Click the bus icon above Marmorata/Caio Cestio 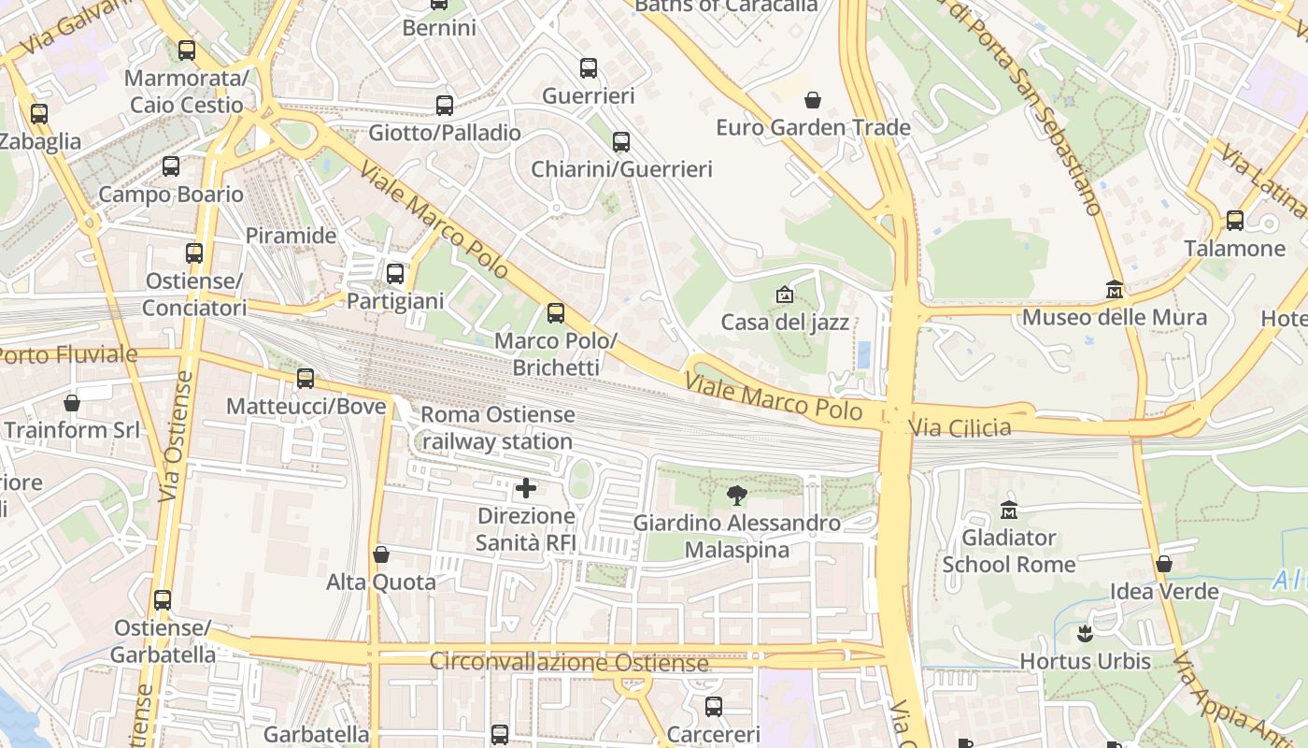[x=187, y=50]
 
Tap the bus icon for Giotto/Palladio [x=445, y=106]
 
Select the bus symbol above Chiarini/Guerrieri [x=621, y=142]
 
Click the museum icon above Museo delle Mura [x=1114, y=290]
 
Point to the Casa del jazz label [x=785, y=323]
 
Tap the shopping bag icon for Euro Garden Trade [x=813, y=100]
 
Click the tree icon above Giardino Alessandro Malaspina [x=737, y=496]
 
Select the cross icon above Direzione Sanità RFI [x=526, y=488]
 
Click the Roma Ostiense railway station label [x=497, y=427]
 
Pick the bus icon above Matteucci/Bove [x=306, y=379]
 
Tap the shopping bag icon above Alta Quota [x=381, y=554]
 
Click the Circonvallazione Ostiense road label [x=568, y=663]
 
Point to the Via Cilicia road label [x=960, y=428]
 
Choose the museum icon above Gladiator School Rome [x=1009, y=511]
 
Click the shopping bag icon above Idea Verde [x=1164, y=564]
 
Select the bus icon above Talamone [x=1235, y=221]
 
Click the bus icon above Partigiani [x=395, y=274]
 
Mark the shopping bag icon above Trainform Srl [x=72, y=403]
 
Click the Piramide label [x=291, y=236]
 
